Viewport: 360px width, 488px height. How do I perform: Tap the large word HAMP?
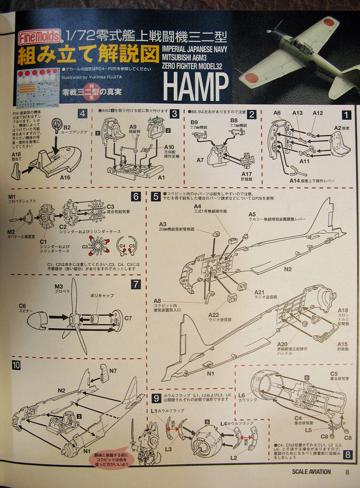195,87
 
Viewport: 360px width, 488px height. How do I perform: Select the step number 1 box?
346,114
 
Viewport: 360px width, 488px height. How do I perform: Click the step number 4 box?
82,113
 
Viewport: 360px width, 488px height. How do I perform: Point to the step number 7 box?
136,285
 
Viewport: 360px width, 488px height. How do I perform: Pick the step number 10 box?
16,366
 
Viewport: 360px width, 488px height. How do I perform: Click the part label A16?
65,177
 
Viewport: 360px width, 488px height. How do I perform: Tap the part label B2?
67,127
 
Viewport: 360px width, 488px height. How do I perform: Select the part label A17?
246,174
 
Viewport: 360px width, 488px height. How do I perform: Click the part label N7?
113,370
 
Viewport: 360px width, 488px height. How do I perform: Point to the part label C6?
22,306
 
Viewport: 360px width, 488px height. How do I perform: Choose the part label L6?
241,395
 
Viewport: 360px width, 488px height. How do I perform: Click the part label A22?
214,315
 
